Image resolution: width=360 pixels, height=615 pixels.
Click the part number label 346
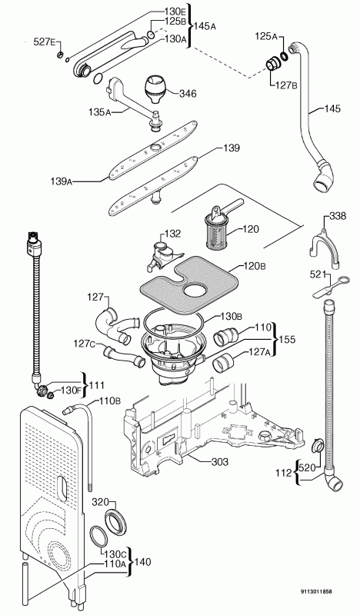(x=188, y=94)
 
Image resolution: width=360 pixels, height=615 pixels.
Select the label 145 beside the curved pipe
(x=332, y=108)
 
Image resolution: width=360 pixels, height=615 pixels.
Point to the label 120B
(x=255, y=267)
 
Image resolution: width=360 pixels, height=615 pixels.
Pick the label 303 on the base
(x=219, y=462)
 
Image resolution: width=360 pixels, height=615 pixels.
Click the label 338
(x=338, y=216)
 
